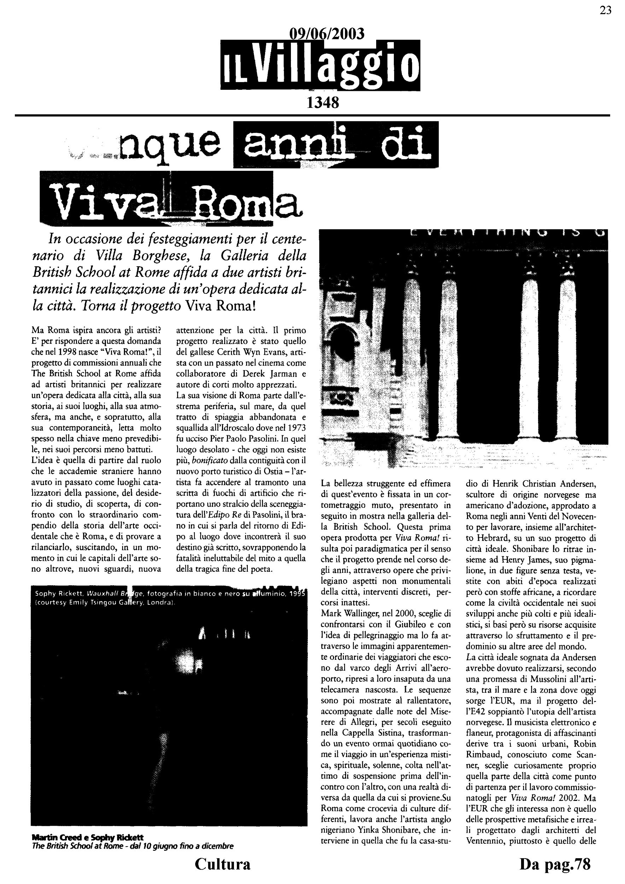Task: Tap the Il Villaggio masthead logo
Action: (x=320, y=66)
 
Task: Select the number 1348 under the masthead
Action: (x=322, y=103)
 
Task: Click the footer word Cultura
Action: (x=222, y=863)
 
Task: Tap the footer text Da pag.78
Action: (x=555, y=863)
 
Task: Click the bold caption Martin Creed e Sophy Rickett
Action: (x=88, y=837)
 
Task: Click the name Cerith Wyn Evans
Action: (x=247, y=352)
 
